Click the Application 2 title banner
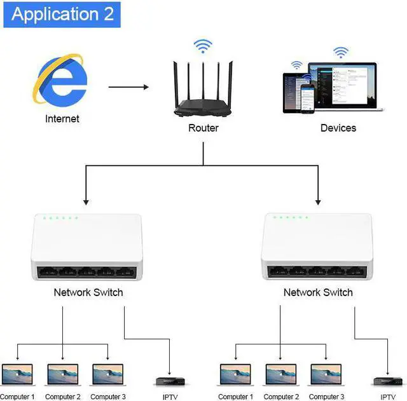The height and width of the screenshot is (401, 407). [x=62, y=15]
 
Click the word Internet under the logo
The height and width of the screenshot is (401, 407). [x=62, y=119]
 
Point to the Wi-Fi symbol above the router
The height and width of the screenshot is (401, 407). [x=203, y=46]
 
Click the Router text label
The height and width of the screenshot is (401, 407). [x=203, y=128]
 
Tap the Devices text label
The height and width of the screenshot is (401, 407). [x=338, y=128]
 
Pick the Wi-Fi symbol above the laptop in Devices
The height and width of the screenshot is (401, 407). [x=341, y=53]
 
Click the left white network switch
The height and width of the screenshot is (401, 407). [x=86, y=248]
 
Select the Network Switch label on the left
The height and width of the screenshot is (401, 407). [x=88, y=292]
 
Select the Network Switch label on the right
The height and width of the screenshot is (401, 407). [x=318, y=292]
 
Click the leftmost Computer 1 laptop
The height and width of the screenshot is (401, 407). [x=17, y=374]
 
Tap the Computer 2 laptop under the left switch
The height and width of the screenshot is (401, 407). [x=62, y=374]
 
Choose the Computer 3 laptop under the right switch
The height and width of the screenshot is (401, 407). [x=326, y=374]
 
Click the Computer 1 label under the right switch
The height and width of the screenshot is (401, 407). [x=235, y=397]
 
